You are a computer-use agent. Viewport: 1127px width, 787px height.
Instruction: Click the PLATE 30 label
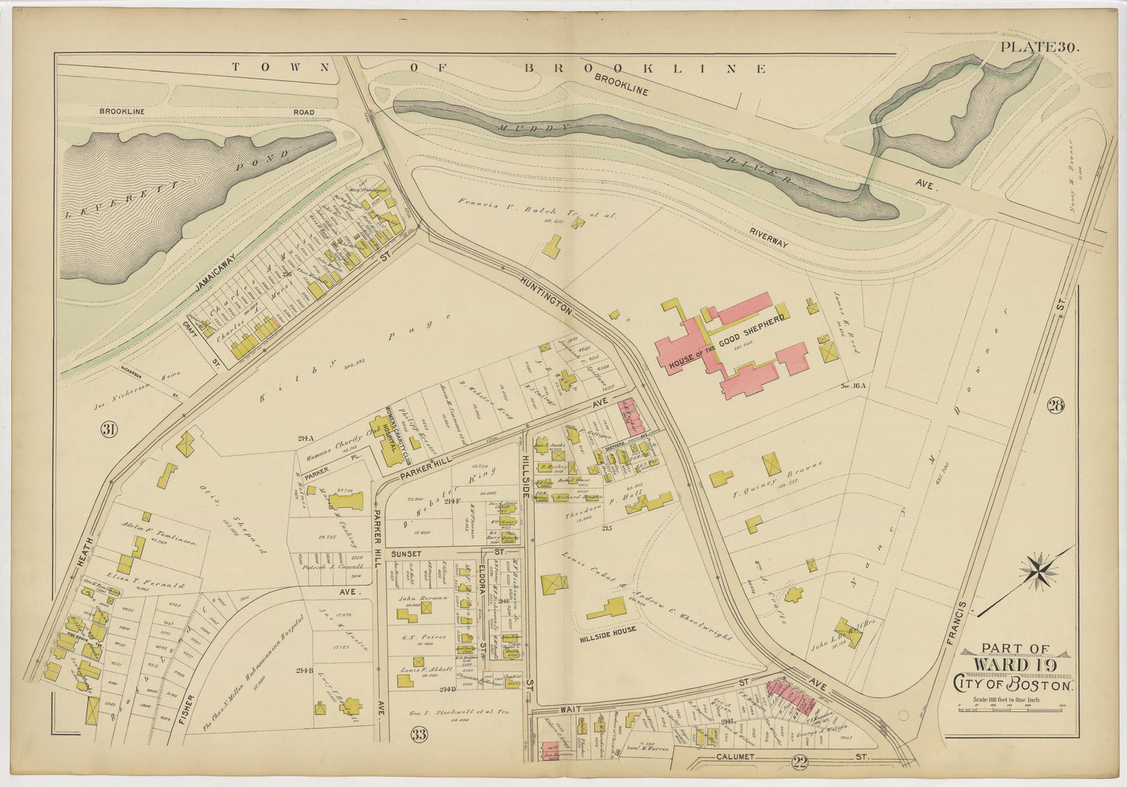1040,47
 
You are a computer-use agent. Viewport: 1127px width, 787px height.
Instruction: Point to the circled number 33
418,734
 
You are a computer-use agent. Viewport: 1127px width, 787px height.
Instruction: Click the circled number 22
799,763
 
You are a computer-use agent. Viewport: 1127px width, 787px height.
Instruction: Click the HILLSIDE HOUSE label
607,630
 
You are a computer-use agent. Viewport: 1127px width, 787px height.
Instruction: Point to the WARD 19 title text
1014,665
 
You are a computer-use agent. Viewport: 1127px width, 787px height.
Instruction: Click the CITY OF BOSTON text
1014,684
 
